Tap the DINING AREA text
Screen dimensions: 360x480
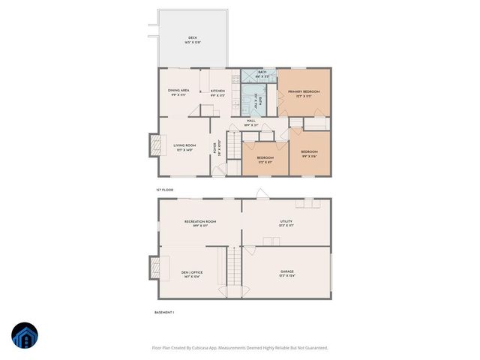pos(178,91)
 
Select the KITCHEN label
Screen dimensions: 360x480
pos(217,91)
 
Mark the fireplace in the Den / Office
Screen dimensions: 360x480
pos(154,267)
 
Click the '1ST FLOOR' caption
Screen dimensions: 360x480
pos(164,190)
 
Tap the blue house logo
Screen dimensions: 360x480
pos(25,336)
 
